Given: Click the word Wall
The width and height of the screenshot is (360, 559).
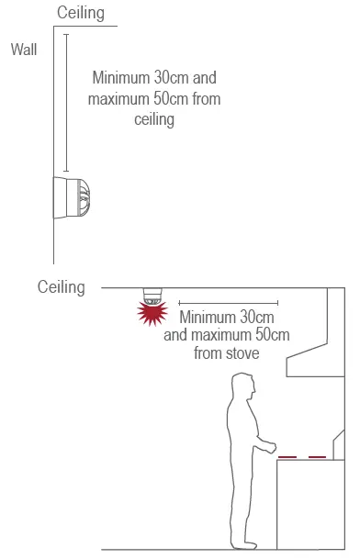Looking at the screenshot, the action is (24, 50).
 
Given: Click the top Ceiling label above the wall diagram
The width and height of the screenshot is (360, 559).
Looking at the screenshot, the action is (81, 13).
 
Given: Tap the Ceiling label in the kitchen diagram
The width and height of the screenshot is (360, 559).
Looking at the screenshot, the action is (62, 287).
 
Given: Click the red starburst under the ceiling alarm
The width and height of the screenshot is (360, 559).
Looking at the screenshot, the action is (151, 315).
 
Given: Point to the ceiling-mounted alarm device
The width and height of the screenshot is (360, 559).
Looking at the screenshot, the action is (151, 296).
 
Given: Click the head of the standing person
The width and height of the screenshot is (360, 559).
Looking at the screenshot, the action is (243, 386).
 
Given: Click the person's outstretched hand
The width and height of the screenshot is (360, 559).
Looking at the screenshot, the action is (272, 448).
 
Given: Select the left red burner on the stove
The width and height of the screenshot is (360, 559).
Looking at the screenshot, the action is (287, 456).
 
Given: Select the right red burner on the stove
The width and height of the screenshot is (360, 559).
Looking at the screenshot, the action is (317, 456).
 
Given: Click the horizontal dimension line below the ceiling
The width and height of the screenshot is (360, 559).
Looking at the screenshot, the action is (228, 302).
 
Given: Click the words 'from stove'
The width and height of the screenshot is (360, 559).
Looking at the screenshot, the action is (226, 352).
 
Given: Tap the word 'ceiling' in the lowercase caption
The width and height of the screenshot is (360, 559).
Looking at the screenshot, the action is (154, 119).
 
